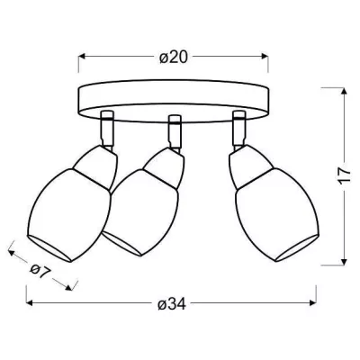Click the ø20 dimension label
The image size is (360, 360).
point(172,57)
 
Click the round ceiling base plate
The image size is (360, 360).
point(174,97)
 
